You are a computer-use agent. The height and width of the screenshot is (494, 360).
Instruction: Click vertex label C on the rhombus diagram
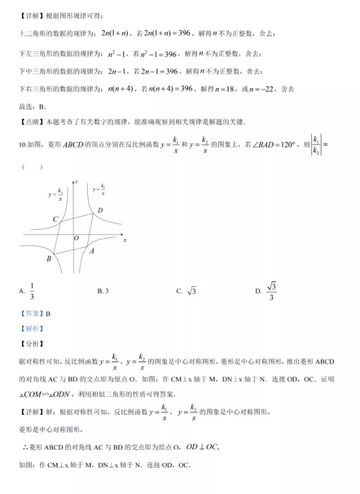[x=55, y=218]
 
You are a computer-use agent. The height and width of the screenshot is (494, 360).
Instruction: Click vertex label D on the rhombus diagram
[x=100, y=210]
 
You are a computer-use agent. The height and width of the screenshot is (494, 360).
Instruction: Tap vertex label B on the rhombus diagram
[x=49, y=259]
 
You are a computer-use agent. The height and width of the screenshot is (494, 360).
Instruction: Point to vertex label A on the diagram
[x=92, y=251]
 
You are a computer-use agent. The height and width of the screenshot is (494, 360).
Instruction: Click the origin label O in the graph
[x=77, y=239]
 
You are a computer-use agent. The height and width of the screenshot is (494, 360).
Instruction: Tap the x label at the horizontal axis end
[x=125, y=240]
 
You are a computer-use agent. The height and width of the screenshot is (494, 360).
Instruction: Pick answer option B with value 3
[x=103, y=290]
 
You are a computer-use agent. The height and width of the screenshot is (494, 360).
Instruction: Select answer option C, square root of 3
[x=190, y=290]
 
